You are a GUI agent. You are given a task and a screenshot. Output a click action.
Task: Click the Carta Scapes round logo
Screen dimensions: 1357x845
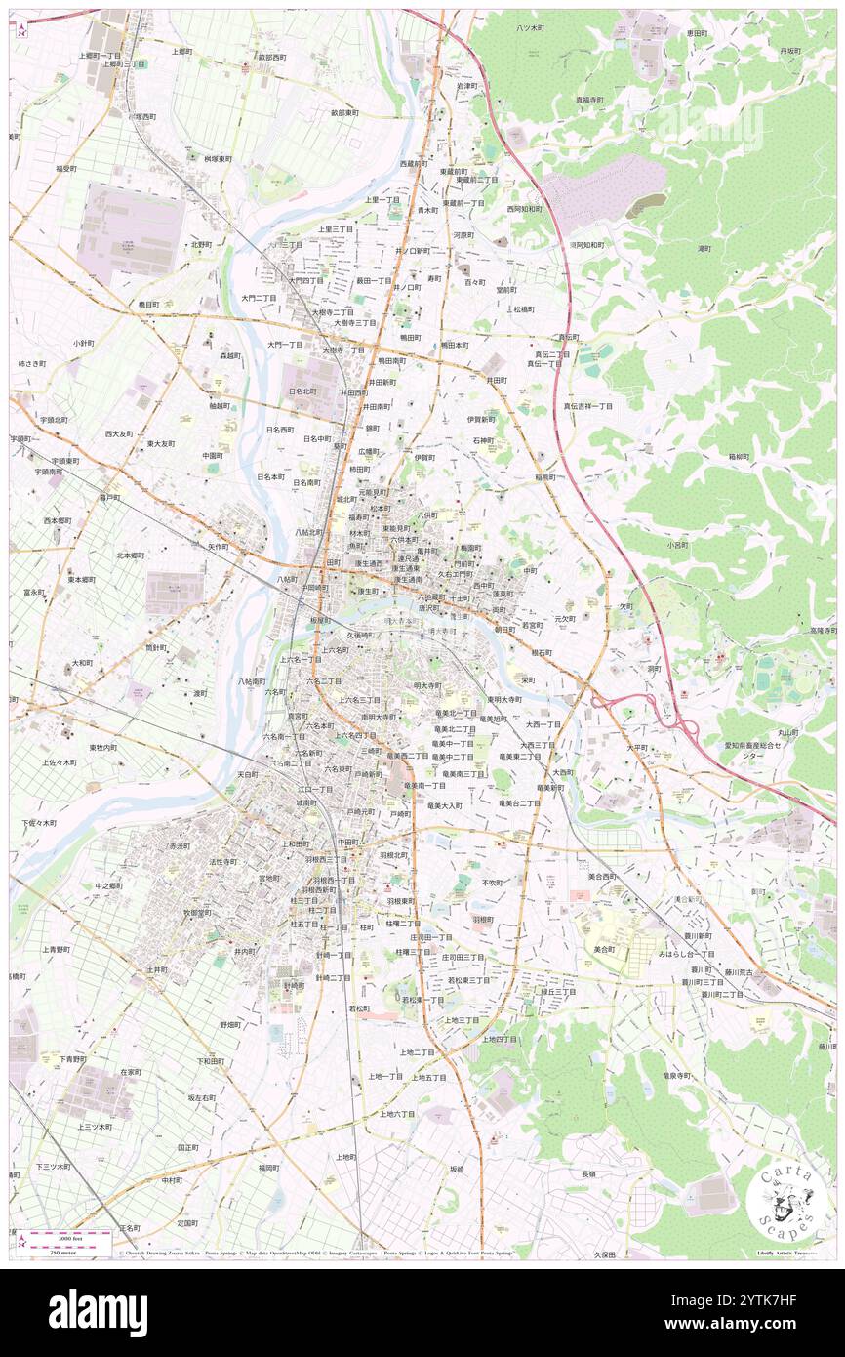(785, 1200)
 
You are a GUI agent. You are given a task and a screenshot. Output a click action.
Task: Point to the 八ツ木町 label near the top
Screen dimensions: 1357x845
(531, 29)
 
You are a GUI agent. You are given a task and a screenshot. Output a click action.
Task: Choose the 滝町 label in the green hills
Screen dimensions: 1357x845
(704, 249)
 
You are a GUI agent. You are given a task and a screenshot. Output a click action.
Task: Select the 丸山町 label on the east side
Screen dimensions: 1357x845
(788, 732)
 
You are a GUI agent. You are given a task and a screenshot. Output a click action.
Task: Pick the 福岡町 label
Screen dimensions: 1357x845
(269, 1167)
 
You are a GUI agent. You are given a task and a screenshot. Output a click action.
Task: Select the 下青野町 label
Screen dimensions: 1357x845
(72, 1059)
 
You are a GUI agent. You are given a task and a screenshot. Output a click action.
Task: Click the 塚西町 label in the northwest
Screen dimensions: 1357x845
(144, 116)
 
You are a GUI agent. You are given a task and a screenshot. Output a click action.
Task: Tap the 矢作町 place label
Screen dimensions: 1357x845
(217, 547)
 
